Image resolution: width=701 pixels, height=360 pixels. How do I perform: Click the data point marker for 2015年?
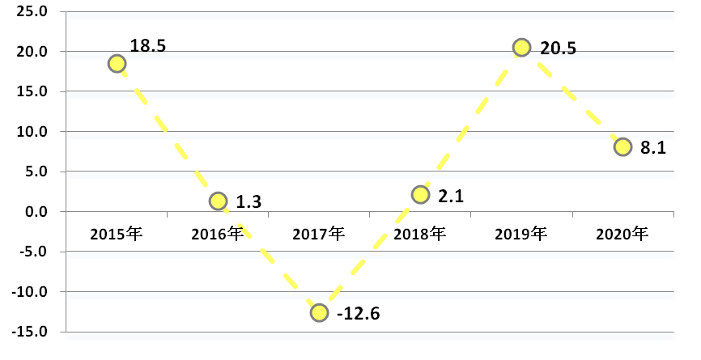tap(117, 63)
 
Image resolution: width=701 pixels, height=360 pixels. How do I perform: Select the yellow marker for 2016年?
tap(218, 201)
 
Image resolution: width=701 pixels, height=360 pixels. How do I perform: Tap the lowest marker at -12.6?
tap(319, 312)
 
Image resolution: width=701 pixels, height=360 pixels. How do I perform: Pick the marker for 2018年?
tap(420, 195)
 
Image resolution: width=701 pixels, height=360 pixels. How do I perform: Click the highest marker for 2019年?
tap(522, 47)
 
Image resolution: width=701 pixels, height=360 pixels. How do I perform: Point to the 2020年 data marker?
tap(622, 146)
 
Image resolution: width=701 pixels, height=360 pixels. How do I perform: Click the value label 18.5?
tap(147, 45)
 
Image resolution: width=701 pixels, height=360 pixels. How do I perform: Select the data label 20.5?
tap(558, 49)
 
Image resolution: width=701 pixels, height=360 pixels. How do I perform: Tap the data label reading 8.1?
tap(653, 148)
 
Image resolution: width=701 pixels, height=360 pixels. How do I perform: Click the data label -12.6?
tap(358, 314)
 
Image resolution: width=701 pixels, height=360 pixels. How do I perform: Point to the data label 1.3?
tap(249, 202)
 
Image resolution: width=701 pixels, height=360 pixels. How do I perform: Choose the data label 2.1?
tap(451, 196)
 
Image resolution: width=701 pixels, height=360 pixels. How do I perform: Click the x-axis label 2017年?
tap(319, 234)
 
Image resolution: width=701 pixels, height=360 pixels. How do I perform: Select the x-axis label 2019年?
tap(520, 234)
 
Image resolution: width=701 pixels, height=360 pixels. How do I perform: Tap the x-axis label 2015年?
tap(117, 234)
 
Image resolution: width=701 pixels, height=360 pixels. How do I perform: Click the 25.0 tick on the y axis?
tap(32, 11)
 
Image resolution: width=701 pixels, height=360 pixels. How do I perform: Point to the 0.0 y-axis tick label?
tap(36, 212)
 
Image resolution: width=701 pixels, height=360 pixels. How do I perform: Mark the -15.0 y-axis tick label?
tap(29, 332)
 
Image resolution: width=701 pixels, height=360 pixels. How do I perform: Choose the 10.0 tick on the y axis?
tap(32, 132)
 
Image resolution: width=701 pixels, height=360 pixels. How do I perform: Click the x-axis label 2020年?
tap(622, 234)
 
